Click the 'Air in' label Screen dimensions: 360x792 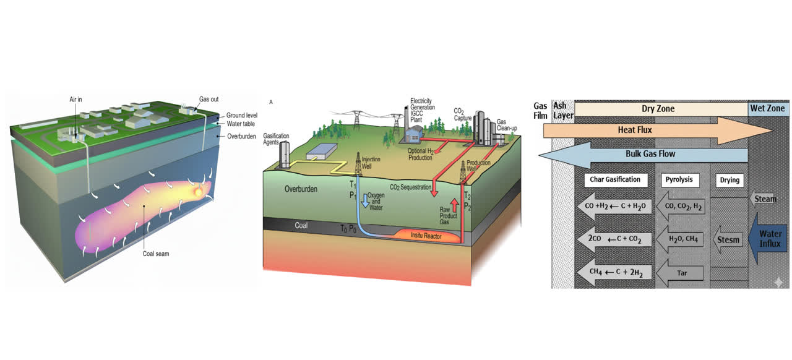coord(79,99)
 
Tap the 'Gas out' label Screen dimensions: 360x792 coord(208,99)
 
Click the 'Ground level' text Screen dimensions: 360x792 coord(241,115)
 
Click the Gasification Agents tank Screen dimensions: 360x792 coord(285,155)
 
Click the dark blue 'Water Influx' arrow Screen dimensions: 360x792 coord(768,239)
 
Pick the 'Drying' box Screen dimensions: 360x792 coord(730,180)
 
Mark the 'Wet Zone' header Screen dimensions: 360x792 coord(768,108)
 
